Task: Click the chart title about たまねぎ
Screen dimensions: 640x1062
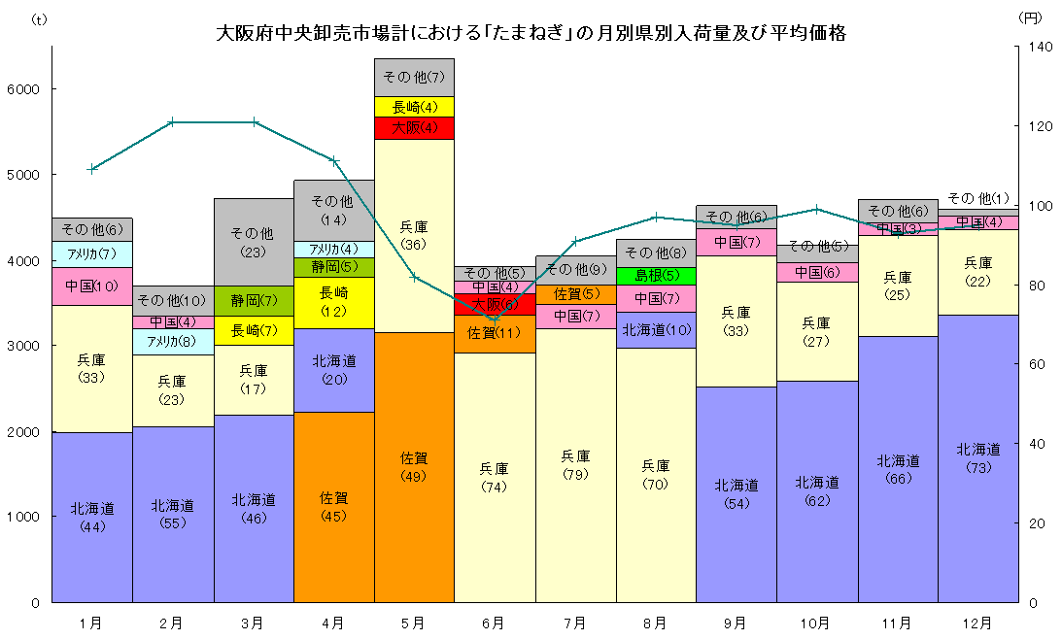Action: click(x=531, y=33)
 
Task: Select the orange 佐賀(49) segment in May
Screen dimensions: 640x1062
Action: click(x=414, y=466)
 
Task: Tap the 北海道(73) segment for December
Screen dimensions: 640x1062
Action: click(x=977, y=457)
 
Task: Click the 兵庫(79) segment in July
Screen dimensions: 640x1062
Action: click(x=575, y=464)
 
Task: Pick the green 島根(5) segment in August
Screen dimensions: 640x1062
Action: click(x=656, y=275)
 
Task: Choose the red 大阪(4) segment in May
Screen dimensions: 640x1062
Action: click(x=414, y=127)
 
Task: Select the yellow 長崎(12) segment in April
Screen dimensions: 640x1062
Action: click(x=333, y=302)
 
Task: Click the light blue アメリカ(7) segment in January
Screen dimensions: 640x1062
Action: click(x=91, y=254)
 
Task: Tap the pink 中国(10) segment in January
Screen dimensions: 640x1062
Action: click(x=91, y=286)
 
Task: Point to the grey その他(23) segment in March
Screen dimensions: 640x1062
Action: click(x=253, y=242)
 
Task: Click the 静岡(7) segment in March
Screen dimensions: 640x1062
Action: click(x=253, y=300)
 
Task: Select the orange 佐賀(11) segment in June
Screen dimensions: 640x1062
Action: click(x=495, y=333)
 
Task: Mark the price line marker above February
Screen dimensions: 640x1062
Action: click(x=172, y=122)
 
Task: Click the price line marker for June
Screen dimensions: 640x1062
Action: click(x=495, y=318)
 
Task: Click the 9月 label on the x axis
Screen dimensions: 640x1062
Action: click(x=736, y=623)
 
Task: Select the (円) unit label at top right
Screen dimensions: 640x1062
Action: click(x=1030, y=17)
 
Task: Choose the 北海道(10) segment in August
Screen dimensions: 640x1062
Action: click(x=656, y=329)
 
